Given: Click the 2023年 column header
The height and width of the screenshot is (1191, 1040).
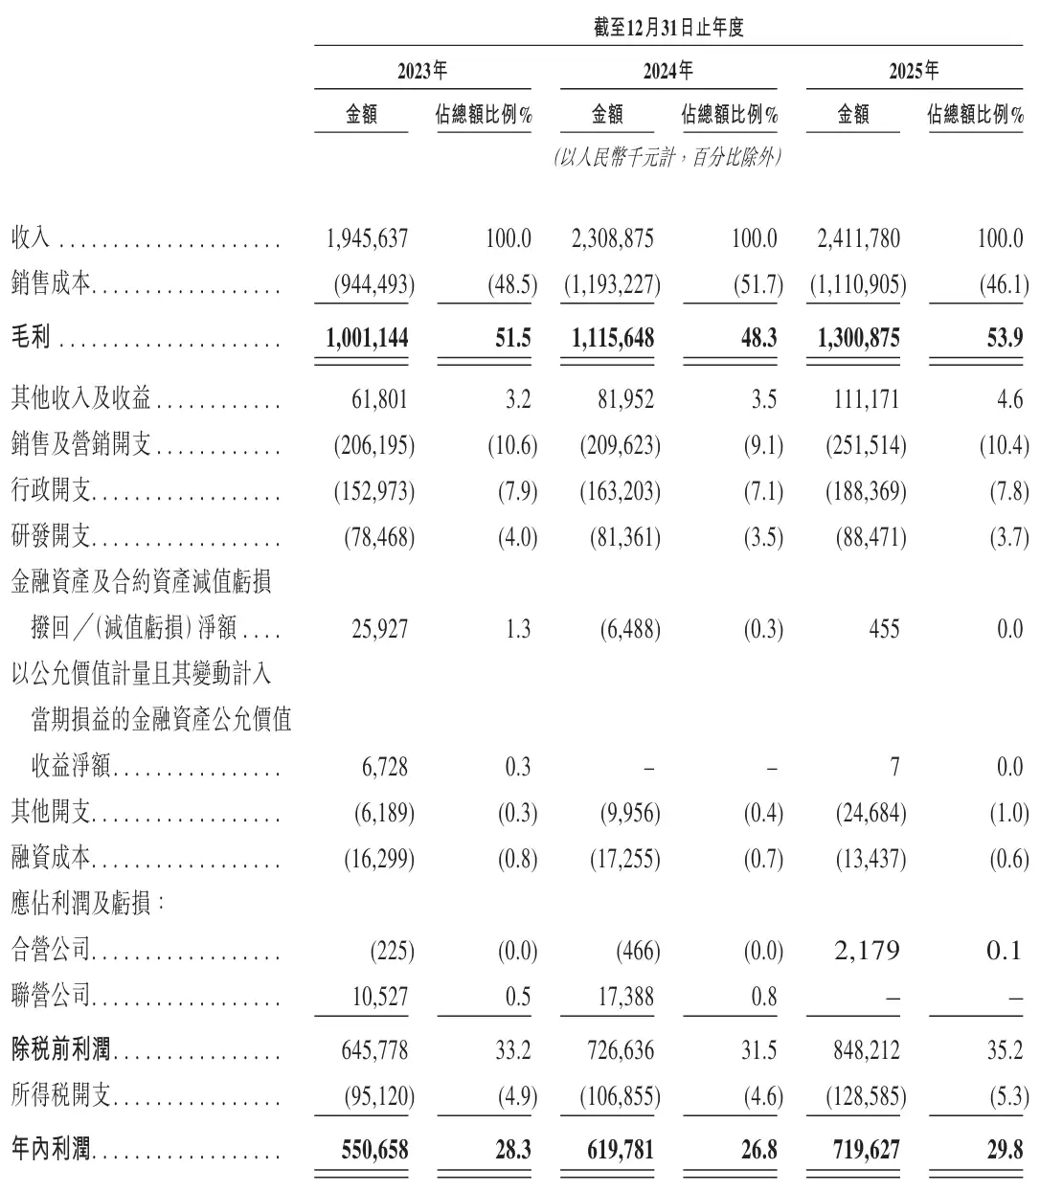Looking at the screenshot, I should [422, 71].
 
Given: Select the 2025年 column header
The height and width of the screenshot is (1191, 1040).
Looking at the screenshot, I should [914, 71].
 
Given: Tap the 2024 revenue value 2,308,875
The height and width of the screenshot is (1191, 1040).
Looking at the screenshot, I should [612, 238].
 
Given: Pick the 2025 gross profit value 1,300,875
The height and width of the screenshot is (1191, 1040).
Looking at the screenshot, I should [854, 337].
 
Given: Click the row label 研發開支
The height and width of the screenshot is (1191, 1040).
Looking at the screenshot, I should [51, 537].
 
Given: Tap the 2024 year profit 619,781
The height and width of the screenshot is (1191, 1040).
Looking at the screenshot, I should [622, 1148].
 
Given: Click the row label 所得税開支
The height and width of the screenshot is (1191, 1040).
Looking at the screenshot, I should [61, 1095].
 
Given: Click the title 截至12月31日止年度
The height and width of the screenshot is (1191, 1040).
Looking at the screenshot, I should [668, 28].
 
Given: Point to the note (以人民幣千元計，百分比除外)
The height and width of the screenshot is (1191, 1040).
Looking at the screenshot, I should [667, 158].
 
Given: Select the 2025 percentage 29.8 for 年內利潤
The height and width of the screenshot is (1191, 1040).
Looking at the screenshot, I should [1005, 1148].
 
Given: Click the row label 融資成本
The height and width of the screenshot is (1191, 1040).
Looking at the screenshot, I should [51, 859].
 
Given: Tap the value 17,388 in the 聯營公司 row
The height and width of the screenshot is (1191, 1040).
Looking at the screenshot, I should [622, 998].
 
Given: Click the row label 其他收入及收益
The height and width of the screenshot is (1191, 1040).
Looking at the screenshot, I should [81, 398].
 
